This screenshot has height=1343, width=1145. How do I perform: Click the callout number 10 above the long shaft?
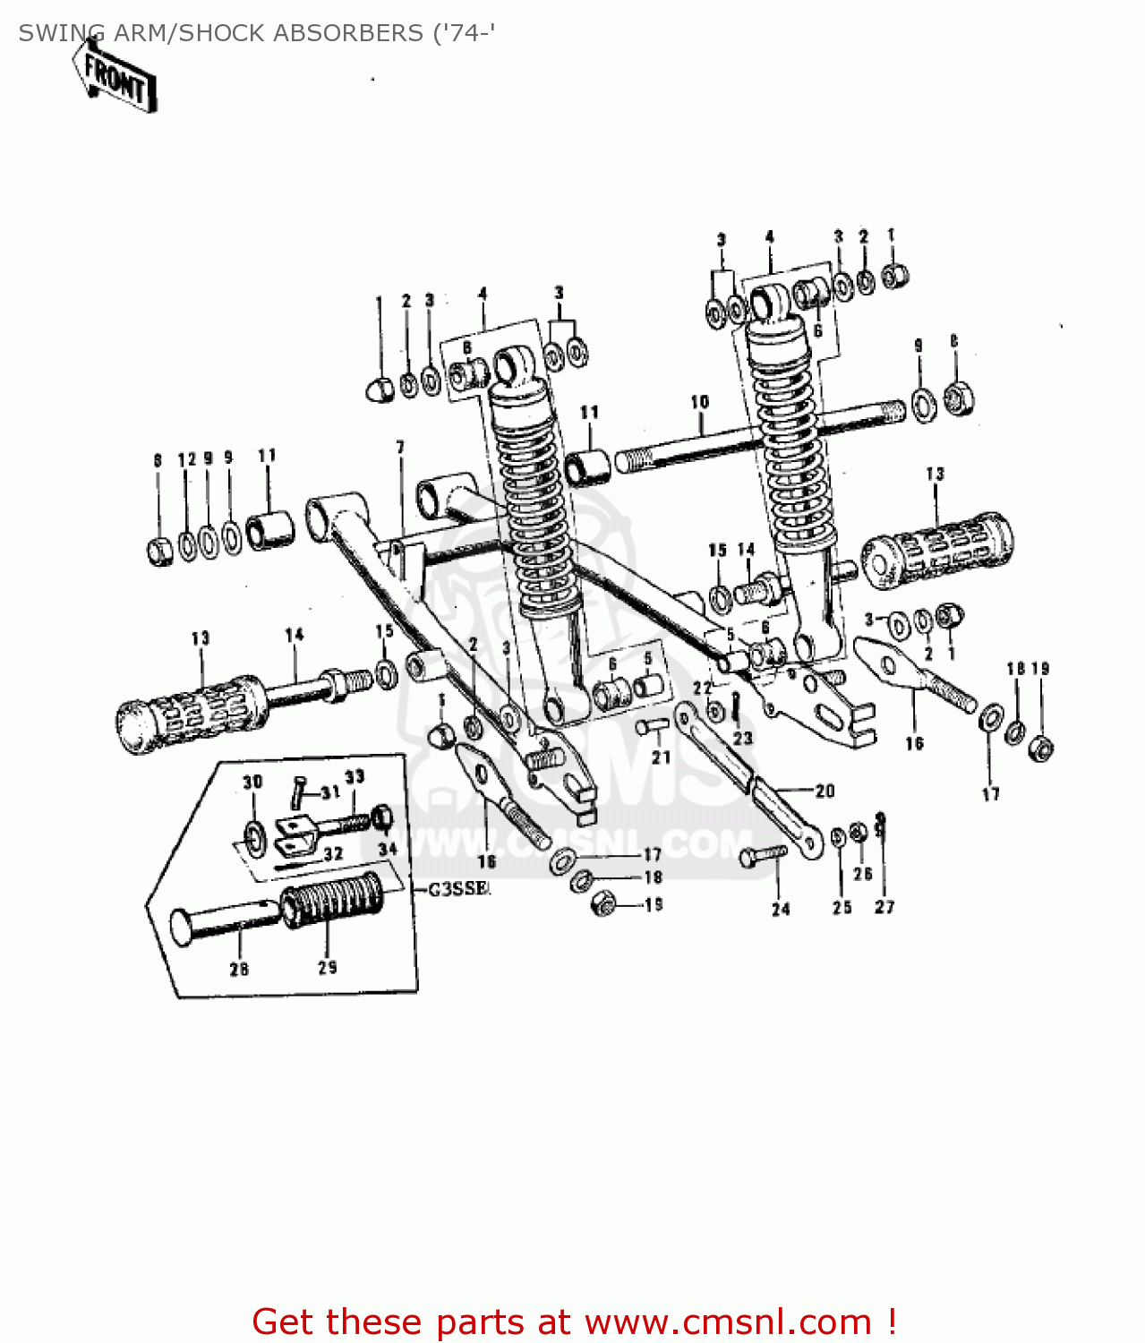[700, 402]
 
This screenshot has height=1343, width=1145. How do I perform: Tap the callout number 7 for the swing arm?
[400, 447]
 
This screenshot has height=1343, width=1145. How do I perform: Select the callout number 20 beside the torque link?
[825, 791]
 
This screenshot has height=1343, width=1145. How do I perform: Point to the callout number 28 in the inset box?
[239, 969]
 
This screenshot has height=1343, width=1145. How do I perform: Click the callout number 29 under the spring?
[328, 967]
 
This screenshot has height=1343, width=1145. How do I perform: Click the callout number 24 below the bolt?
[782, 910]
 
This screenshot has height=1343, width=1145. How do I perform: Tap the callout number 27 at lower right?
[884, 907]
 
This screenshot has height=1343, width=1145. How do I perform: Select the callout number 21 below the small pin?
[661, 757]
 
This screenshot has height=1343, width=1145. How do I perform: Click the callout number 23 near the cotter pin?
[743, 738]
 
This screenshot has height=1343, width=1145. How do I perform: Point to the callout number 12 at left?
[186, 460]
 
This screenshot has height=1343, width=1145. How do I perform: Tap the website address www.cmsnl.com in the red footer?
[728, 1322]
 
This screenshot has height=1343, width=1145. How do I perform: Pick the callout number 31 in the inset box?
[330, 792]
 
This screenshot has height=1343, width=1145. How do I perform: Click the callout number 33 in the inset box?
[355, 776]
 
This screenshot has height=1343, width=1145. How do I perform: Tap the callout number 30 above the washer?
[252, 782]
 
